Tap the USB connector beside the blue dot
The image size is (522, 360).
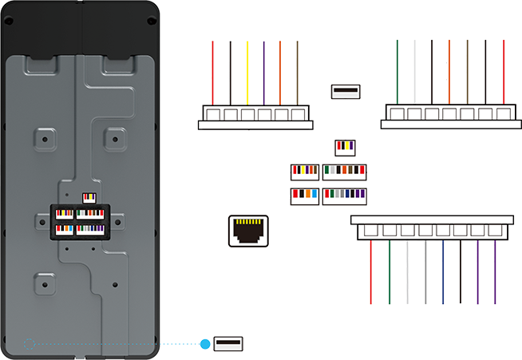(229, 344)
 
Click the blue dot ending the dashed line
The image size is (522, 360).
(206, 344)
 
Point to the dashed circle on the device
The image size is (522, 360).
(30, 343)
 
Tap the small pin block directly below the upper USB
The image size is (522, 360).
(344, 146)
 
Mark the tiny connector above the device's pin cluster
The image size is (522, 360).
(88, 197)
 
